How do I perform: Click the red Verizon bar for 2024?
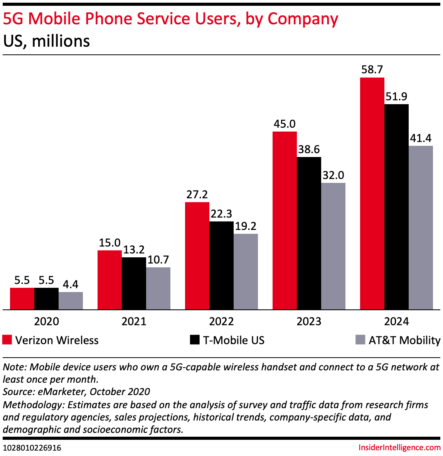click(372, 193)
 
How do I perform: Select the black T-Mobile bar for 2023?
click(309, 233)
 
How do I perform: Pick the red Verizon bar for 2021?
click(109, 280)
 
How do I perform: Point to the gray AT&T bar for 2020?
click(71, 301)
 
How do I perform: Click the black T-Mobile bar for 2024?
click(396, 207)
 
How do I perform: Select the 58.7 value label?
click(372, 70)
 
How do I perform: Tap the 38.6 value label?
click(309, 149)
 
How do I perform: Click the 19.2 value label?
click(246, 226)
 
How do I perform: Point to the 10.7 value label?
click(158, 260)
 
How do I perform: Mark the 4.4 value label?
click(71, 284)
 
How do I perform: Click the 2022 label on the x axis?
click(221, 321)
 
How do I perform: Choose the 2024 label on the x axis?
click(396, 321)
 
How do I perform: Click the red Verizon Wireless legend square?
click(7, 340)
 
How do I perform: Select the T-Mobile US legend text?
click(234, 340)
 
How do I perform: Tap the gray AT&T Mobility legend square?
click(360, 340)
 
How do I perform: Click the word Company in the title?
click(303, 19)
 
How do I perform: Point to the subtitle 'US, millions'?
click(46, 41)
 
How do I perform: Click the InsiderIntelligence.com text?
click(399, 448)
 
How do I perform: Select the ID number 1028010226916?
click(32, 448)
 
